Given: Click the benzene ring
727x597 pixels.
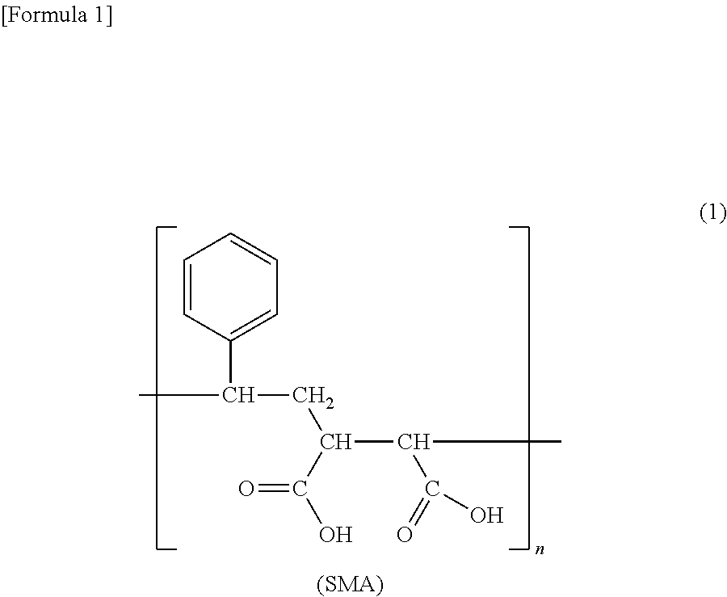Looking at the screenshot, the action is (x=231, y=286).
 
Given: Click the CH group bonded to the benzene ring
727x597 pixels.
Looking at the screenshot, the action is (x=238, y=396).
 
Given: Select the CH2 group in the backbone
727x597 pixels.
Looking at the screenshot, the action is (x=312, y=397).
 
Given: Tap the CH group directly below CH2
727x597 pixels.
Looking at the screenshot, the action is (x=335, y=443).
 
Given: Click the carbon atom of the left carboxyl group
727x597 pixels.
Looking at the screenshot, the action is (x=299, y=489).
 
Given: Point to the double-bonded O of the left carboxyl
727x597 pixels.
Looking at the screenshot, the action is (x=246, y=489).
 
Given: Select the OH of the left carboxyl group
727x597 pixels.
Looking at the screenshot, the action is (x=335, y=534).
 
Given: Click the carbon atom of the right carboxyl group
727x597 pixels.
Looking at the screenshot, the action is (x=432, y=489).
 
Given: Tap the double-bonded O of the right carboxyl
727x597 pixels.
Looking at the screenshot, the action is (x=405, y=534).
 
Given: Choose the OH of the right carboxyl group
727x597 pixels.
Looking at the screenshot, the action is (x=486, y=515).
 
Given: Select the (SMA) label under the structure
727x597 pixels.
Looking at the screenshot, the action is (x=349, y=584).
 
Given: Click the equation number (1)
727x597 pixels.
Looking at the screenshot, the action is (x=712, y=213).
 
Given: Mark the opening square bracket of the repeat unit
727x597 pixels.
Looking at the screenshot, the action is (x=159, y=388).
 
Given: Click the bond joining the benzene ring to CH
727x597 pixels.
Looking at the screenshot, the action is (x=231, y=363).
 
